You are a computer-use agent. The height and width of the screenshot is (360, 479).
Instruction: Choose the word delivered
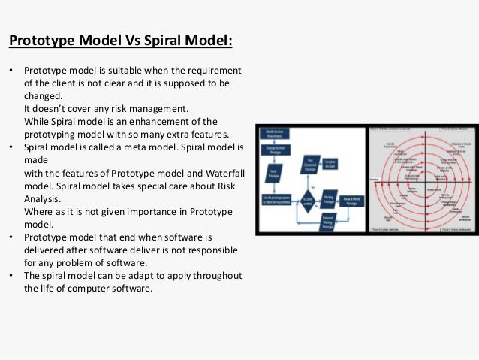[x=46, y=249]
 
